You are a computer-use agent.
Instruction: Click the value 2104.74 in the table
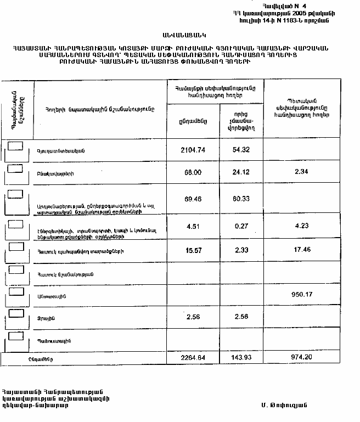(192, 149)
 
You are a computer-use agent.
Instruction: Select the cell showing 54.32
(241, 149)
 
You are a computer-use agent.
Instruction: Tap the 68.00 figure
(192, 172)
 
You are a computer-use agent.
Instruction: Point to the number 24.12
(241, 172)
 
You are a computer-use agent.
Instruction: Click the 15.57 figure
(192, 249)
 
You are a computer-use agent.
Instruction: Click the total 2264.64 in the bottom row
(192, 358)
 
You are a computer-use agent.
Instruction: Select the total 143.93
(241, 358)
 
